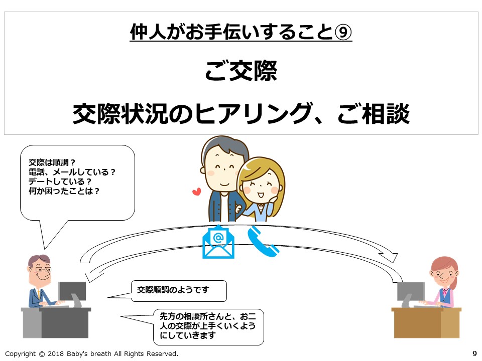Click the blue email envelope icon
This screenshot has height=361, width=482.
pos(218,242)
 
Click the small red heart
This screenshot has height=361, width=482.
pos(196,192)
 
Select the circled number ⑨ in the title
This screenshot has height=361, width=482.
pos(343,32)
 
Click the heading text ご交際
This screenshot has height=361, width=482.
pos(241,71)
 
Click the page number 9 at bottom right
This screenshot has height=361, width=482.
pos(474,353)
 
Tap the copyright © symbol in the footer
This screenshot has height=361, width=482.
pos(42,353)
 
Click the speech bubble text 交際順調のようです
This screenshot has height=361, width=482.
pos(173,290)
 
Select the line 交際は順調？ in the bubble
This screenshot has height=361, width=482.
pos(52,162)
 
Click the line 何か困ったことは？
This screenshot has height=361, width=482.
pos(64,191)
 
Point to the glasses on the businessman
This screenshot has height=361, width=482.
pos(43,269)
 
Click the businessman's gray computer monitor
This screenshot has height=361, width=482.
pos(72,291)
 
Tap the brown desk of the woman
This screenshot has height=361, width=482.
pos(426,322)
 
